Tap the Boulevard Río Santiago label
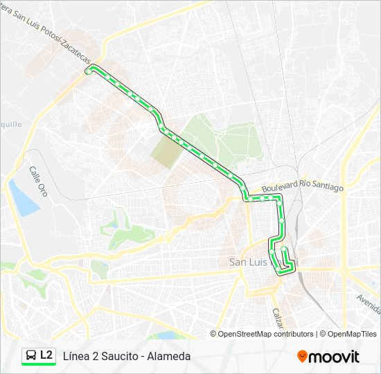tap(302, 186)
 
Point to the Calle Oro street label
tap(37, 181)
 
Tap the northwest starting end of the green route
tap(88, 70)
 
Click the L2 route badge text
tap(46, 355)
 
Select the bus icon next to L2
tap(31, 355)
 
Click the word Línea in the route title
tap(76, 356)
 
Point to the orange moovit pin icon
tap(302, 357)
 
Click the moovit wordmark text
tap(335, 357)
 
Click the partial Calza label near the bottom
tap(278, 317)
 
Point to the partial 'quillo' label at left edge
tap(11, 125)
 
